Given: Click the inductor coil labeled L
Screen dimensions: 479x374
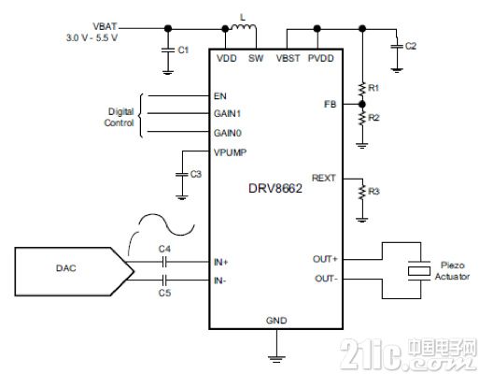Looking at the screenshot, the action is tap(244, 27).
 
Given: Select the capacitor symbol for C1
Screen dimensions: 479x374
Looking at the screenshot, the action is tap(168, 50).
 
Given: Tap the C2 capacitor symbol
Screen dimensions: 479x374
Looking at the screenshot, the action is tap(397, 47).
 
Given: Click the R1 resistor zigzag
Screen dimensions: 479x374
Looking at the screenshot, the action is tap(362, 89).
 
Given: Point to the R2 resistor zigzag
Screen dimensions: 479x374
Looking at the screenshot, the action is tap(362, 118).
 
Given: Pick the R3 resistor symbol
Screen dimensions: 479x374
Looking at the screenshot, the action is tap(362, 192).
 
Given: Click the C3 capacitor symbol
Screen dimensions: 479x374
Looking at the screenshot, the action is tap(182, 175).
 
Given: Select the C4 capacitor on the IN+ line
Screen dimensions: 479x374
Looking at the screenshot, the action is tap(165, 262).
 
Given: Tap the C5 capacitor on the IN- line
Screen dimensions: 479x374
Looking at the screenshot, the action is tap(165, 280).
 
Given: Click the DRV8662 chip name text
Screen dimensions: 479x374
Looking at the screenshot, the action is tap(275, 189).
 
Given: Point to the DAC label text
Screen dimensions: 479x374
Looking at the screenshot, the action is tap(66, 268).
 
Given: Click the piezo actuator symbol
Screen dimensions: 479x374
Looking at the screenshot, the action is tap(419, 271).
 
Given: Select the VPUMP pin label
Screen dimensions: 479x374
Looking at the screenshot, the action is tap(230, 152).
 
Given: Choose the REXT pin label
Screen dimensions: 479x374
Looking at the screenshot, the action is tap(324, 178).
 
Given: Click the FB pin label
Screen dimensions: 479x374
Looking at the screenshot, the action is tap(331, 104).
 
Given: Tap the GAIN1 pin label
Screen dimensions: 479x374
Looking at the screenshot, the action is tap(228, 114).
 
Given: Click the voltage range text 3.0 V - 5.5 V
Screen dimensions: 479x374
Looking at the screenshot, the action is tap(92, 38).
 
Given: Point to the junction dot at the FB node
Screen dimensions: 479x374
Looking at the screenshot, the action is tap(362, 104).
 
